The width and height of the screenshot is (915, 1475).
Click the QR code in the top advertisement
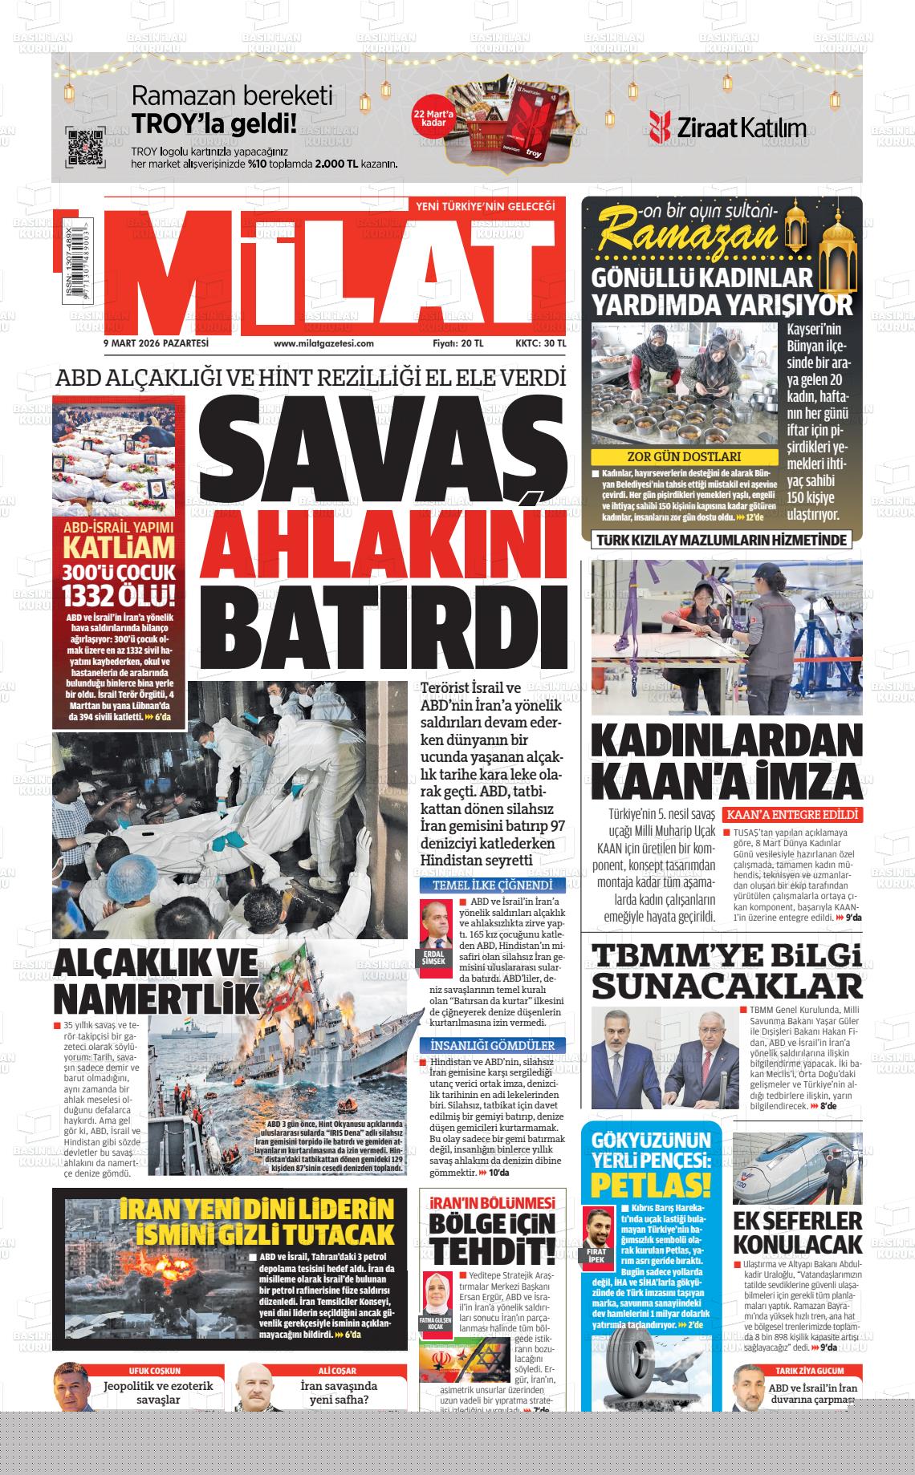pos(84,147)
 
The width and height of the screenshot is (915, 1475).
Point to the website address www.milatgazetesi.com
pos(323,343)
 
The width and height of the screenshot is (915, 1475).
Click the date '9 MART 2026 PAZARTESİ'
pos(156,343)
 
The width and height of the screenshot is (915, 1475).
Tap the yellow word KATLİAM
pos(119,549)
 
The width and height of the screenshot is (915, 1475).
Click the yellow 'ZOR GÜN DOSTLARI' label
pos(684,457)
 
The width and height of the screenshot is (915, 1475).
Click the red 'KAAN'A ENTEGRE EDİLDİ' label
pos(793,815)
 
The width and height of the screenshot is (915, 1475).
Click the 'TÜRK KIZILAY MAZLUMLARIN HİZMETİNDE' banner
pos(721,540)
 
